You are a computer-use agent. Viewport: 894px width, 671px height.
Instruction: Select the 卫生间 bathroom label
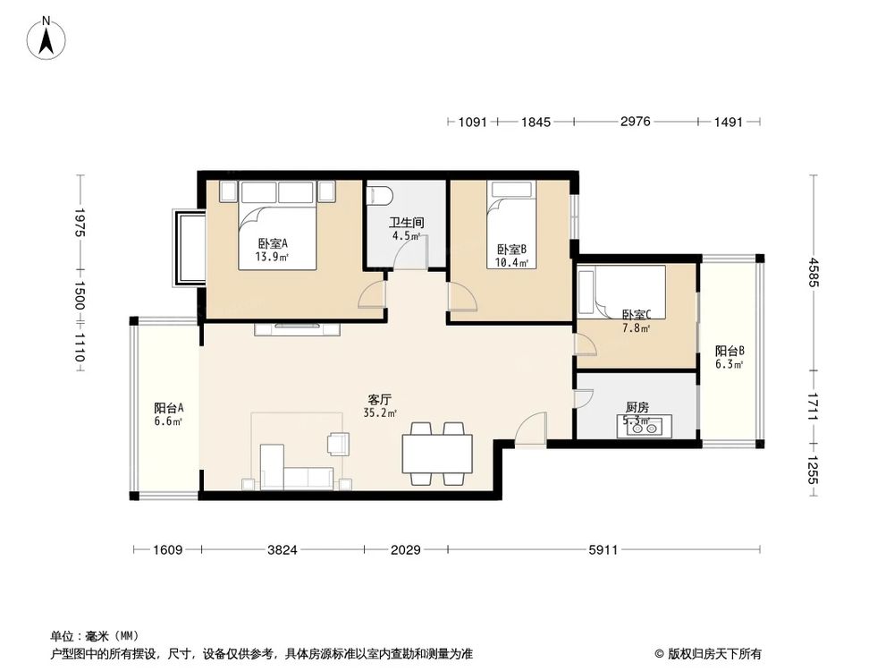point(406,223)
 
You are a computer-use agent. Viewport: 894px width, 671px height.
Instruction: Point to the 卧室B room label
point(512,250)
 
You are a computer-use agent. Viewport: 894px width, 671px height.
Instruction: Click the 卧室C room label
point(637,314)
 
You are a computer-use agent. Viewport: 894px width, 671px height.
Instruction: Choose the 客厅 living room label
point(380,399)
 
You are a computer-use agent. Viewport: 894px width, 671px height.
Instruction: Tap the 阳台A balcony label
point(168,408)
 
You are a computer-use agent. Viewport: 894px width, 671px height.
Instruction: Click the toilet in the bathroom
point(380,196)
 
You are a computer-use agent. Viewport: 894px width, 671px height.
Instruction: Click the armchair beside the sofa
point(339,444)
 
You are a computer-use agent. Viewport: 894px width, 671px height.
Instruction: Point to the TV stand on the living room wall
point(299,328)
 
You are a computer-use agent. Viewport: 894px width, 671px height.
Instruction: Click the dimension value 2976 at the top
point(635,123)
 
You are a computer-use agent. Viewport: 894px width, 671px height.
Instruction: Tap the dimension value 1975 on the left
point(80,222)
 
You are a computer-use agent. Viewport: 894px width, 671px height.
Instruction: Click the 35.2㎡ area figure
point(380,413)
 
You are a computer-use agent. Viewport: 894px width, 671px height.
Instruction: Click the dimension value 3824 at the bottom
point(283,550)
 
